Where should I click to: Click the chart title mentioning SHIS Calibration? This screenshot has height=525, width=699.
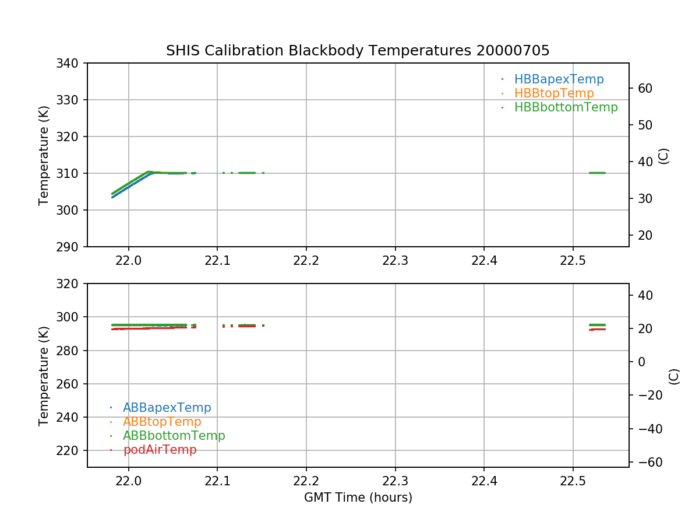358,51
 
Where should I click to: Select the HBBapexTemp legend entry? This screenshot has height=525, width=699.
559,79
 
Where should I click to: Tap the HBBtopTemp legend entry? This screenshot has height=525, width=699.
554,93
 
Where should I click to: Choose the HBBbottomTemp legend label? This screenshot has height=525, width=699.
566,107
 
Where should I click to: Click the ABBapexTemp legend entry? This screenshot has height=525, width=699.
167,408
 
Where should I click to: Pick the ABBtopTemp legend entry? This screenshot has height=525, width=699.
162,422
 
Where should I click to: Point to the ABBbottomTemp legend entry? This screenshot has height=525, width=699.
174,436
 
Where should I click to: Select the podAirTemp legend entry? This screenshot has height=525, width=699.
160,450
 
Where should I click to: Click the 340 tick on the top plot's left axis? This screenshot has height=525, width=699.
69,63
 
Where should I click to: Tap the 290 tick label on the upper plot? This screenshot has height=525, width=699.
69,247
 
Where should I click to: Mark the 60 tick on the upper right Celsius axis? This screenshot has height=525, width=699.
644,88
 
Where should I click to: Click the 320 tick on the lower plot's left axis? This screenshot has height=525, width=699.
69,283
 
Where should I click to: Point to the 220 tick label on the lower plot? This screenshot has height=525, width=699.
69,450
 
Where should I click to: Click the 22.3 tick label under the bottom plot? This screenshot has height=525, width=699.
395,481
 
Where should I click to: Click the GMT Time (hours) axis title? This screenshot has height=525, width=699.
358,498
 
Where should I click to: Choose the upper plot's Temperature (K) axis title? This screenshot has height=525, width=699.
44,155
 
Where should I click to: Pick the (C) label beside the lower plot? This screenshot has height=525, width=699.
674,376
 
